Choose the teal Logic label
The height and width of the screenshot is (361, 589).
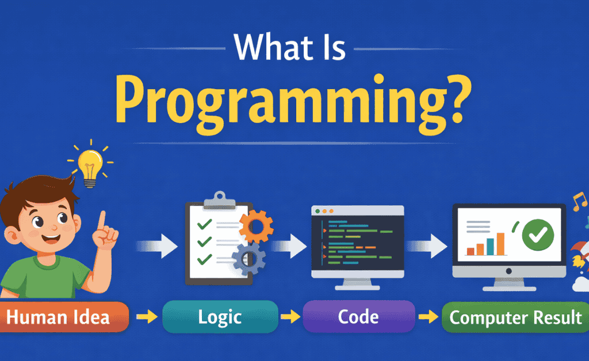coord(220,317)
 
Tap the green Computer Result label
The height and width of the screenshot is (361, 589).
coord(515,317)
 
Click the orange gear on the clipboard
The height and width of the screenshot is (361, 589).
coord(256,226)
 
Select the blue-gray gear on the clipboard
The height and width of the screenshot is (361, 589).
coord(248,258)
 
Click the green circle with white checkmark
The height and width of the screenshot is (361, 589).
coord(538,235)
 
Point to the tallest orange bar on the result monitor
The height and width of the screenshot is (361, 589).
coord(500,244)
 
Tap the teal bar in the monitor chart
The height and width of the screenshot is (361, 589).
coord(490,247)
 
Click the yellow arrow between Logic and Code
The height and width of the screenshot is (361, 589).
coord(290,317)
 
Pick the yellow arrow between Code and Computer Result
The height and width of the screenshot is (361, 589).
coord(428,317)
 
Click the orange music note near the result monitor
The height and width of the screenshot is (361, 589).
coord(580,202)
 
